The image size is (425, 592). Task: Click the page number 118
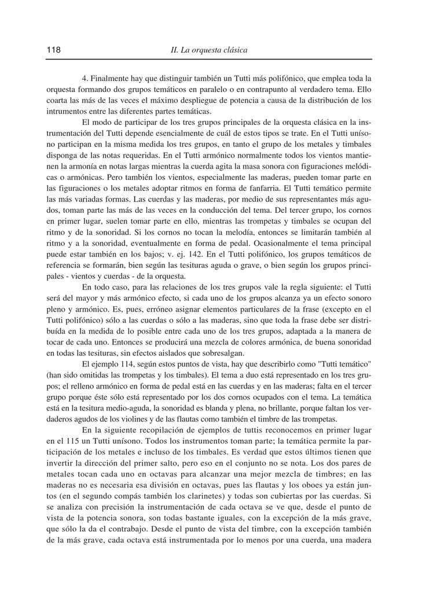53,50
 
